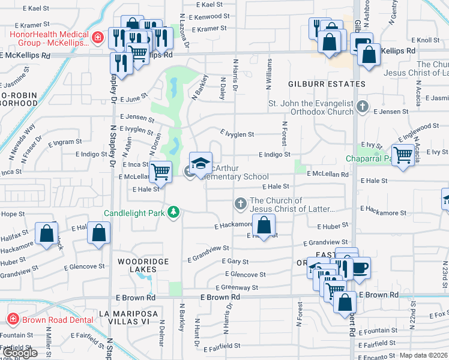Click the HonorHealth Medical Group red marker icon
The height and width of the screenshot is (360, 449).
[97, 39]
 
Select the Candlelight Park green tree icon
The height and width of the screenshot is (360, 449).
[173, 212]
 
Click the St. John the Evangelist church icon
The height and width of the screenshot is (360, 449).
[362, 107]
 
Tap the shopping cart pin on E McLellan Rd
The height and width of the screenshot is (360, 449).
[160, 172]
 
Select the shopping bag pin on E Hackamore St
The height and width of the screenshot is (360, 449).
[264, 226]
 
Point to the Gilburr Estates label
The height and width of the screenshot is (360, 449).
[327, 84]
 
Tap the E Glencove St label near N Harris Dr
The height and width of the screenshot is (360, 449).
[244, 274]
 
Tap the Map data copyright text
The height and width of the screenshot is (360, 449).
[423, 355]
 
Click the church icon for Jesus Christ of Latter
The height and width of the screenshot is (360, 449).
[240, 205]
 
